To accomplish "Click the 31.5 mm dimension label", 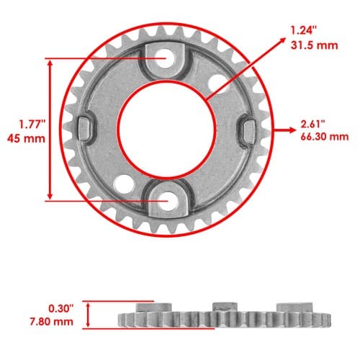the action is coord(314,45).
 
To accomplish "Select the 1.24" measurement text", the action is coord(304,31).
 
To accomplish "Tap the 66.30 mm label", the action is coord(325,137).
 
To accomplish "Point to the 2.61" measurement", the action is coord(313,125).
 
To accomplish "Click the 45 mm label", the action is coord(26,138).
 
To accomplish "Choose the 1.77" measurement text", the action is coord(32,125).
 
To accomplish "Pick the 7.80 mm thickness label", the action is coord(51,321).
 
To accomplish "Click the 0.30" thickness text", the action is coord(60,309).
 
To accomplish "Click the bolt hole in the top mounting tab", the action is coord(166,58).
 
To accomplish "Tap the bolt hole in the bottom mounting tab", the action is coord(168,201).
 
